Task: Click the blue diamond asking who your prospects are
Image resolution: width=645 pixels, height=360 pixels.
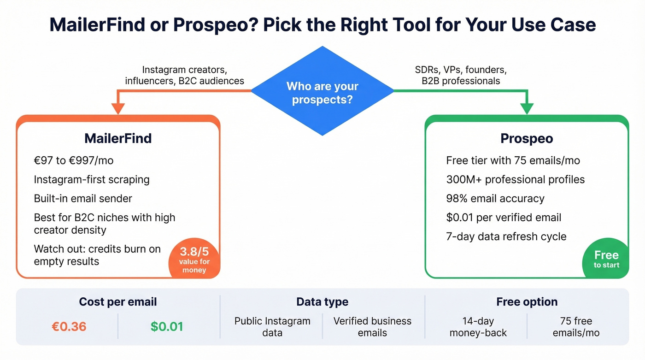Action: point(322,92)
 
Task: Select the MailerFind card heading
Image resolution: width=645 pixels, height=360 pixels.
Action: point(118,138)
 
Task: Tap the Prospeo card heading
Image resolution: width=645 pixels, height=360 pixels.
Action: point(527,138)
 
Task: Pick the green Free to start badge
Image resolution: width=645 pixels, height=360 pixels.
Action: point(606,259)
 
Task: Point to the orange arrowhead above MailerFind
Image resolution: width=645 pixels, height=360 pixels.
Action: point(118,108)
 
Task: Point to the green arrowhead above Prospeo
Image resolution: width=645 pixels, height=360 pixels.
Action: point(527,108)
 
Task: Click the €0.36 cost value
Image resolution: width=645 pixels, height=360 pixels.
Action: point(69,327)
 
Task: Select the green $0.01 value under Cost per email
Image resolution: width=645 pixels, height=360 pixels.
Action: point(167,327)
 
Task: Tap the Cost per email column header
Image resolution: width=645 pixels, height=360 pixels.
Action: point(118,302)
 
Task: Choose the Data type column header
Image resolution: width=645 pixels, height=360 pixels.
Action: point(322,302)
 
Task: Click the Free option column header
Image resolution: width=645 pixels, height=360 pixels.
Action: point(527,302)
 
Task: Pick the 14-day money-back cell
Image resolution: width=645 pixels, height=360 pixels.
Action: point(478,327)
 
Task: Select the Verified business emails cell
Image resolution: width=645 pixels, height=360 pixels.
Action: point(372,327)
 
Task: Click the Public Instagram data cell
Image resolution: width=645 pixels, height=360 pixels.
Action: point(272,327)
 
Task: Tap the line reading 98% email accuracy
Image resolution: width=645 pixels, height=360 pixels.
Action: point(495,199)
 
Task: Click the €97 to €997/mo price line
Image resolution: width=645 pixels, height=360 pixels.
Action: point(74,161)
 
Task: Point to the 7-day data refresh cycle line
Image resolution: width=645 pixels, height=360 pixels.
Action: point(506,236)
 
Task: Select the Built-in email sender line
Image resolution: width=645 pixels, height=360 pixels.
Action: point(83,199)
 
